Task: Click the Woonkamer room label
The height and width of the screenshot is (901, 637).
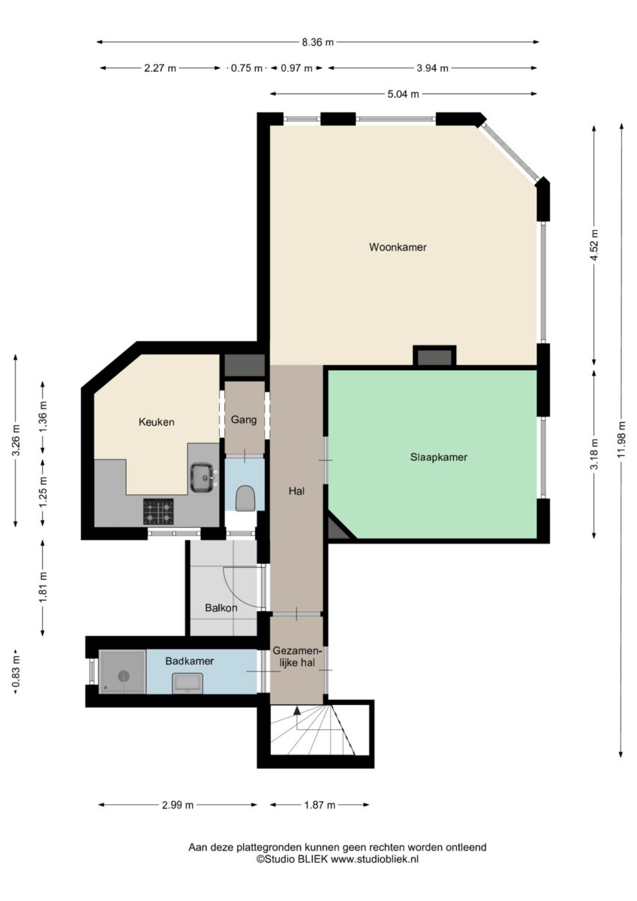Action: click(398, 247)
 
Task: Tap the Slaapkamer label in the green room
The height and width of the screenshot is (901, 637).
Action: click(438, 457)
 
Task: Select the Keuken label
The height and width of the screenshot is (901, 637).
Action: click(156, 422)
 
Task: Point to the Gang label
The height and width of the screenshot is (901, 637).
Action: click(244, 420)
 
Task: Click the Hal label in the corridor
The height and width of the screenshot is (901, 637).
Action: click(296, 491)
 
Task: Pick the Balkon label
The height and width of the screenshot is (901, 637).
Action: click(221, 607)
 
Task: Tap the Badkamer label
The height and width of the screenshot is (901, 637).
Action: click(190, 661)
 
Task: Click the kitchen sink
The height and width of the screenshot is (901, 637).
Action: click(202, 478)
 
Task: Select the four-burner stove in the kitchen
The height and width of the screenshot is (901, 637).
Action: click(159, 511)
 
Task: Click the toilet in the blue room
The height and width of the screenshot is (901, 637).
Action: click(245, 499)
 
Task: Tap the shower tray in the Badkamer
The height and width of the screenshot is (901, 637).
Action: click(122, 672)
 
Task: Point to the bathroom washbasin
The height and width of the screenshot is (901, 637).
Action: click(188, 683)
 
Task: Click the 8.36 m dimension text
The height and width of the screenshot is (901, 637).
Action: click(318, 42)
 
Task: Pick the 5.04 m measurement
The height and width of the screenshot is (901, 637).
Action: click(403, 94)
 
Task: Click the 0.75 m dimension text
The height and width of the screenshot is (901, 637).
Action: click(246, 68)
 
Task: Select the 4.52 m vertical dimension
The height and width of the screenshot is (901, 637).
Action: click(594, 245)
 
